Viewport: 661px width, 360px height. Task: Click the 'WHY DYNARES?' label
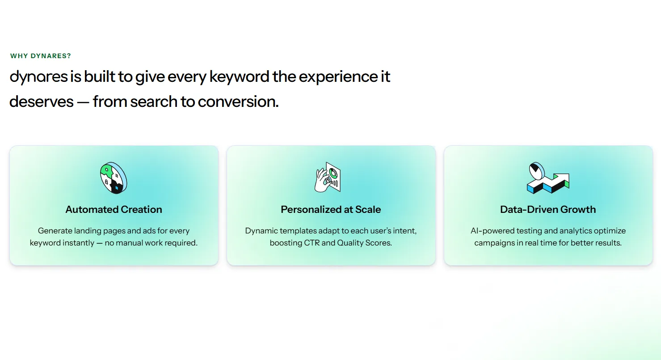click(x=40, y=56)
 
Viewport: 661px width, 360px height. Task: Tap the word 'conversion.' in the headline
click(x=238, y=102)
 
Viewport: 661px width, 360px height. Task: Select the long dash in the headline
click(x=83, y=102)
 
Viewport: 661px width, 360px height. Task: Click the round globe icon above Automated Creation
click(x=114, y=178)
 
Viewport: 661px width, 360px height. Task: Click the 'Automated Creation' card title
click(x=114, y=209)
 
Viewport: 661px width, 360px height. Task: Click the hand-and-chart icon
click(x=328, y=177)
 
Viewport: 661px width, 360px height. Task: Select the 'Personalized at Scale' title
click(x=331, y=209)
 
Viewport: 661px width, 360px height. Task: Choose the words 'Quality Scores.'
click(x=364, y=243)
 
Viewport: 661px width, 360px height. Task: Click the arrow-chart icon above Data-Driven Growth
click(x=548, y=178)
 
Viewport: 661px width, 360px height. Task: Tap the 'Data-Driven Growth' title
click(x=548, y=209)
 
